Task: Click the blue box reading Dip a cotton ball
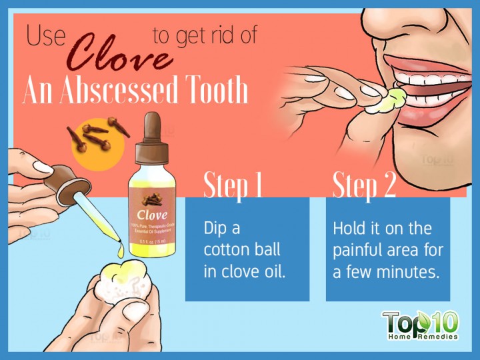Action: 247,250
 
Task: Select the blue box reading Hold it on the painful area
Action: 387,250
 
